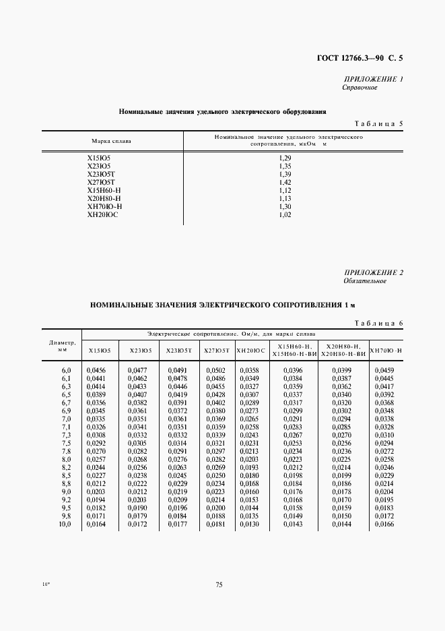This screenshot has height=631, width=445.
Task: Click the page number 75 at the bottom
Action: tap(219, 584)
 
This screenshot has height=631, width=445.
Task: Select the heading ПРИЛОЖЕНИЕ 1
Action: tap(373, 80)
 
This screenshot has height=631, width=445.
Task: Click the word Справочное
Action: tap(360, 88)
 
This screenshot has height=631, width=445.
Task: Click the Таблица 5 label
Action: tap(378, 124)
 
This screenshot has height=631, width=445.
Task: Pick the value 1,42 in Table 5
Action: tap(284, 182)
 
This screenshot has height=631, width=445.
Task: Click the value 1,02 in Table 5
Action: tap(284, 214)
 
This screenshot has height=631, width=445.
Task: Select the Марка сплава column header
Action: tap(111, 141)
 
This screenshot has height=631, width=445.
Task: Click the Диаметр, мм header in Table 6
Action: tap(62, 346)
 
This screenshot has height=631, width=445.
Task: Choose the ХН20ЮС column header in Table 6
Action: tap(250, 351)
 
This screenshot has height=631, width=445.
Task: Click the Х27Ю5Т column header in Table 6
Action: tap(217, 351)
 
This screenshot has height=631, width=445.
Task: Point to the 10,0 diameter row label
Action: tap(66, 524)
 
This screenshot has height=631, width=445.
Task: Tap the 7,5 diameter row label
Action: tap(66, 443)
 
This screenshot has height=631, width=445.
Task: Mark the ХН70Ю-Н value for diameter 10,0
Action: tap(386, 524)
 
